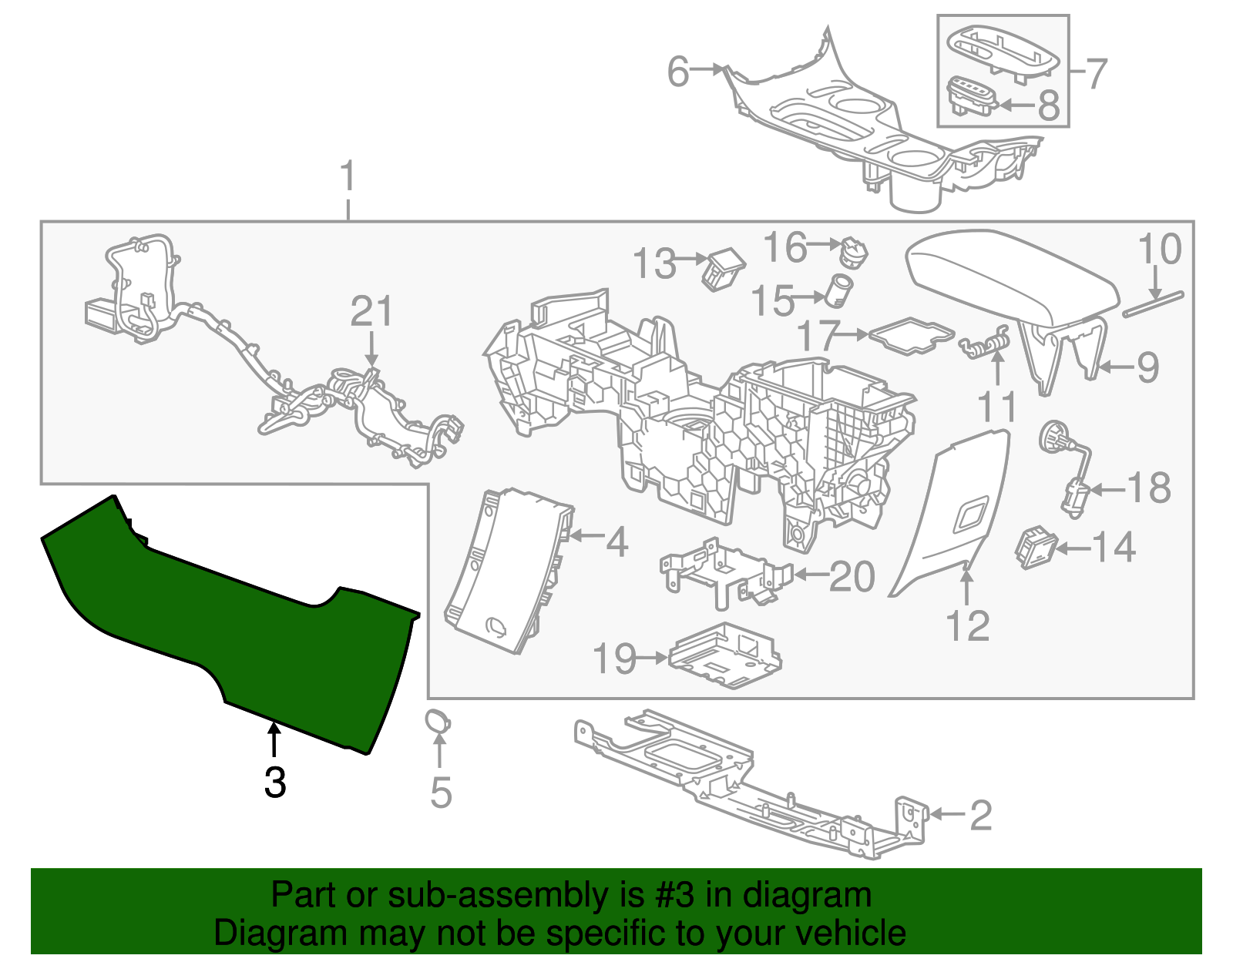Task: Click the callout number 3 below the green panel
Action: [275, 783]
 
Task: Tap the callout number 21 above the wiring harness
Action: [371, 312]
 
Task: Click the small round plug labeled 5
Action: [438, 722]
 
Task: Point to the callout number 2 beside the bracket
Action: [980, 816]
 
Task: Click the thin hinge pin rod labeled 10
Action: [1153, 303]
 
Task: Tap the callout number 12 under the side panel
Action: [968, 626]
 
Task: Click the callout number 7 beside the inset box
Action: [1096, 74]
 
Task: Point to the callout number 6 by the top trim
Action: [678, 72]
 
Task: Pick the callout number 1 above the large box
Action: [348, 177]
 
